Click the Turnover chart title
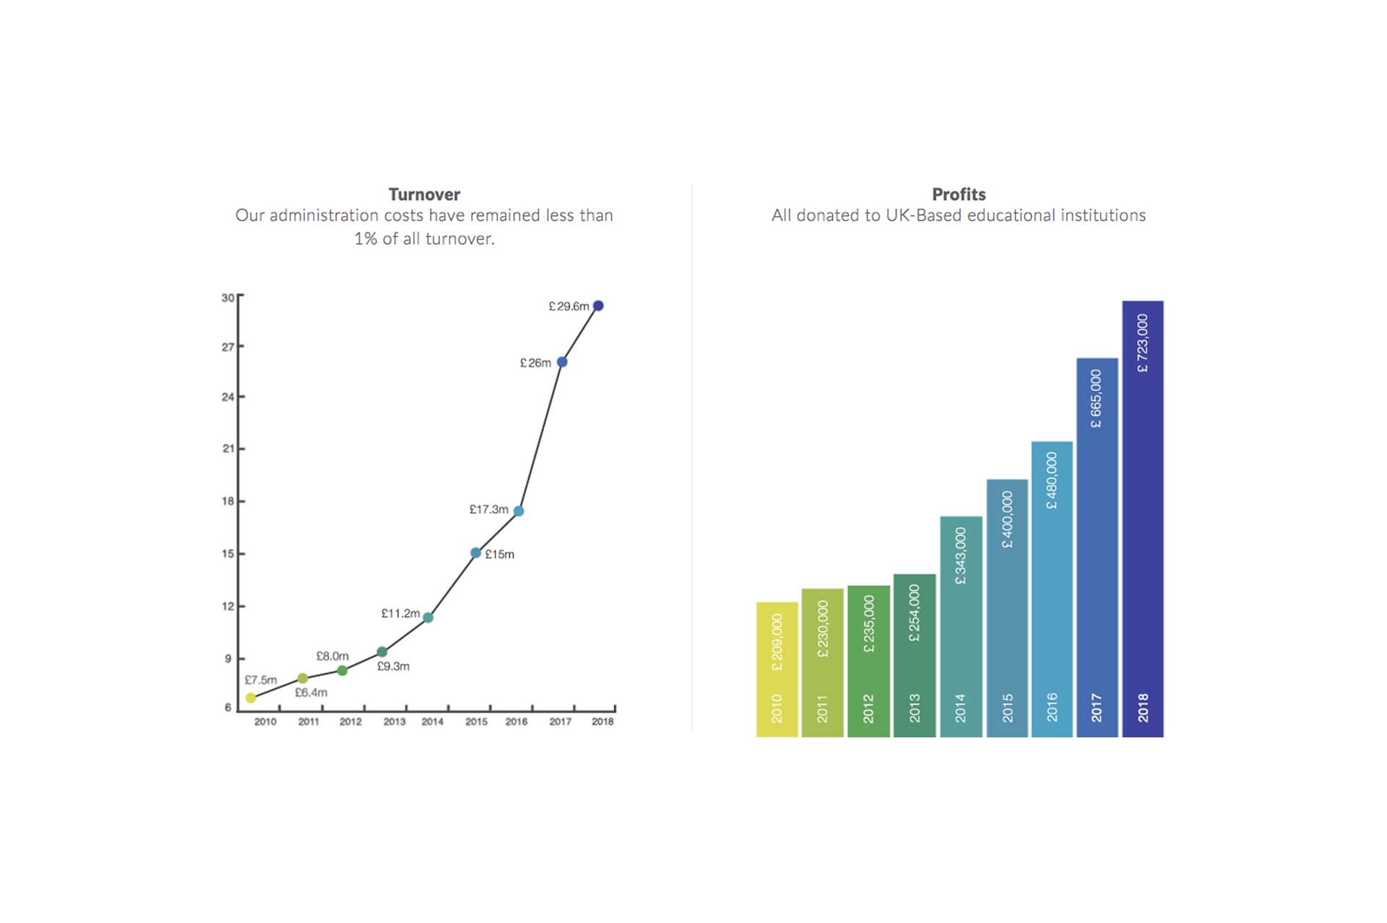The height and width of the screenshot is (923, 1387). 424,194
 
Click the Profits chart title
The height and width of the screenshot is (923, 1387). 959,194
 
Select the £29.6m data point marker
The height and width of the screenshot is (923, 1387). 598,306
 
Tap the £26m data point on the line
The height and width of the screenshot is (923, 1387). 562,362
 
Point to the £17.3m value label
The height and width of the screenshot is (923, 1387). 489,509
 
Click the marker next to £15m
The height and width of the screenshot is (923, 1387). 475,553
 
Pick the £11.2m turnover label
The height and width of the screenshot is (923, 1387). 400,613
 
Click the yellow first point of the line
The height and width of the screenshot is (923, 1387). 251,698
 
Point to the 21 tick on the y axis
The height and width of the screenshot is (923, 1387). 228,448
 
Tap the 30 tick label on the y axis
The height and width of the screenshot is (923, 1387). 228,298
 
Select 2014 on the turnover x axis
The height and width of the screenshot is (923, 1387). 433,721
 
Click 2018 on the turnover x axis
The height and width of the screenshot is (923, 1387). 602,721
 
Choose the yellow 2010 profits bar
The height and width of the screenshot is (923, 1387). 777,669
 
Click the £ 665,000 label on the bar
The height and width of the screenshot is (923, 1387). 1097,399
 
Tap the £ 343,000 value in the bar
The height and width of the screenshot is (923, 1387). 961,556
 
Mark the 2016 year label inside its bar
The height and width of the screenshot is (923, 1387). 1052,707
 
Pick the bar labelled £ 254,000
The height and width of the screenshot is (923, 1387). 915,656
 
